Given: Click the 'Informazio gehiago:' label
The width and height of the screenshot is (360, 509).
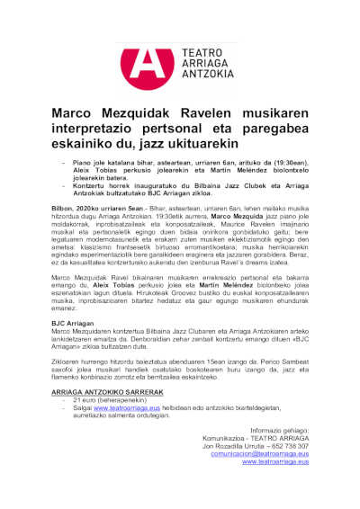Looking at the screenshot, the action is [x=280, y=430].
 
